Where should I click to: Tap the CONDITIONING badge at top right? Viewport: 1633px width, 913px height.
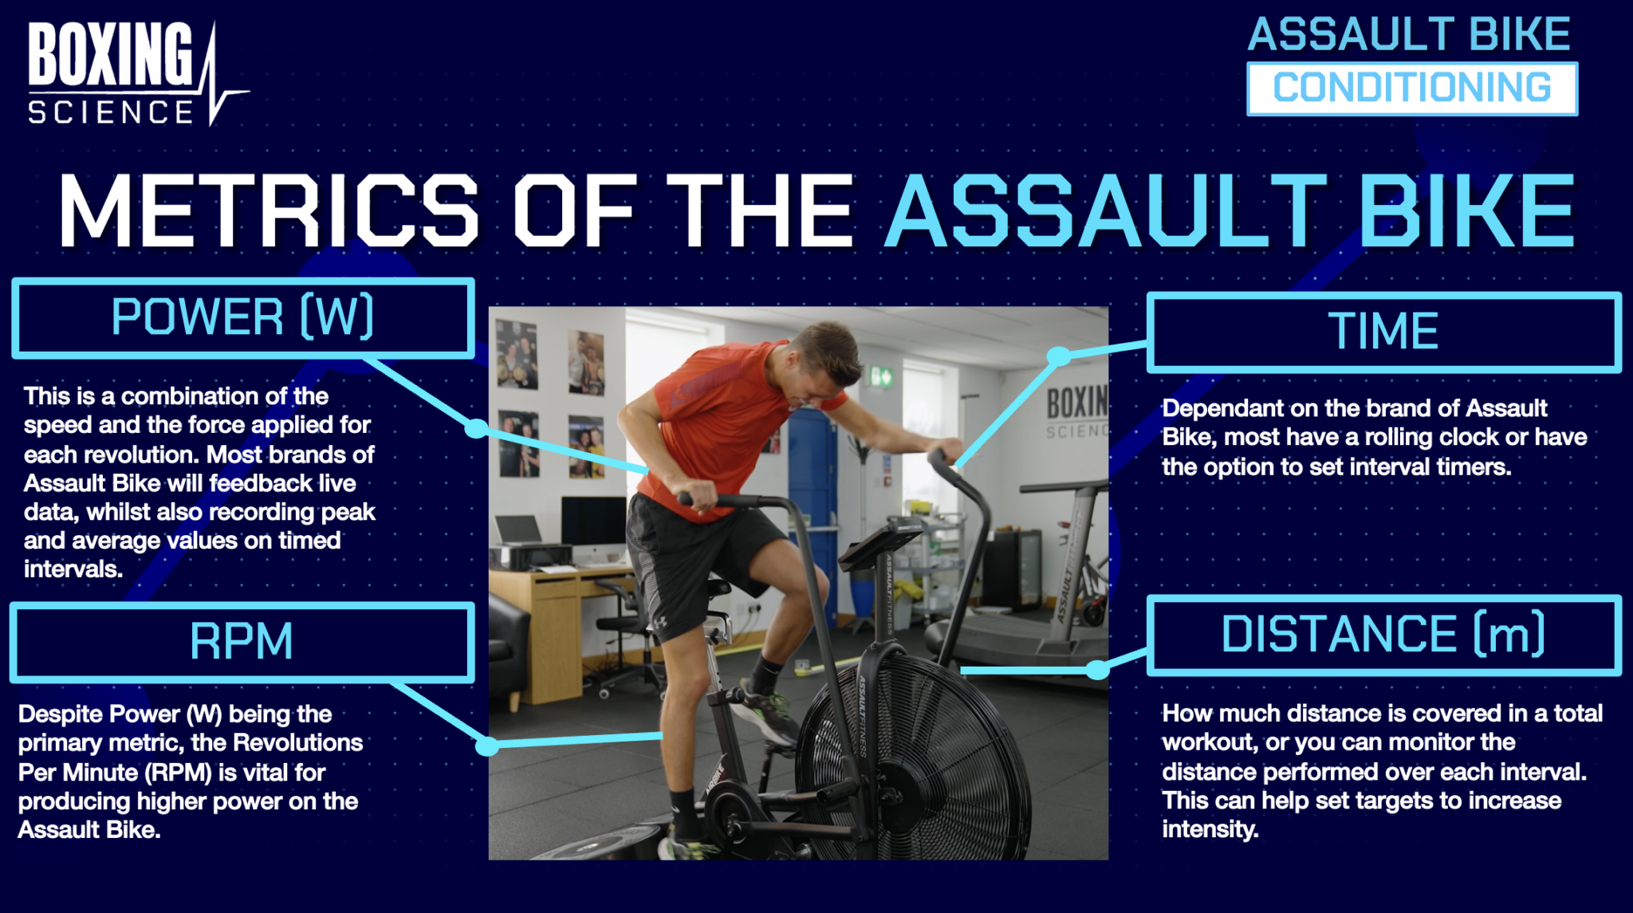pos(1411,89)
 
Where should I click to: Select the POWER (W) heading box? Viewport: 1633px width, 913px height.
pos(242,317)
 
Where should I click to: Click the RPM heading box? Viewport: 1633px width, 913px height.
pos(242,642)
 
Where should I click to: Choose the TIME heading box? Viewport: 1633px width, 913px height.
pos(1383,332)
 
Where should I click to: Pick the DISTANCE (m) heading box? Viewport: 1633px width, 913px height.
pos(1383,635)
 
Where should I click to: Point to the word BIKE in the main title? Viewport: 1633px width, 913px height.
pos(1466,211)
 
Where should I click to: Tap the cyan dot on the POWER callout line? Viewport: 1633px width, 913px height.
pos(476,428)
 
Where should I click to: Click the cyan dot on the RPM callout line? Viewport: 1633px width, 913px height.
pos(486,746)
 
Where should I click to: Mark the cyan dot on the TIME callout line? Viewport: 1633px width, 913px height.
pos(1058,356)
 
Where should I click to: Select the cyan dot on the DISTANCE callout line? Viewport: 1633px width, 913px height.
pos(1097,670)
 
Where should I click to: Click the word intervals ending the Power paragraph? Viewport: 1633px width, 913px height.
pos(73,569)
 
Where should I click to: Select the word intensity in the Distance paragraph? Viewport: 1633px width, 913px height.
pos(1209,829)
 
